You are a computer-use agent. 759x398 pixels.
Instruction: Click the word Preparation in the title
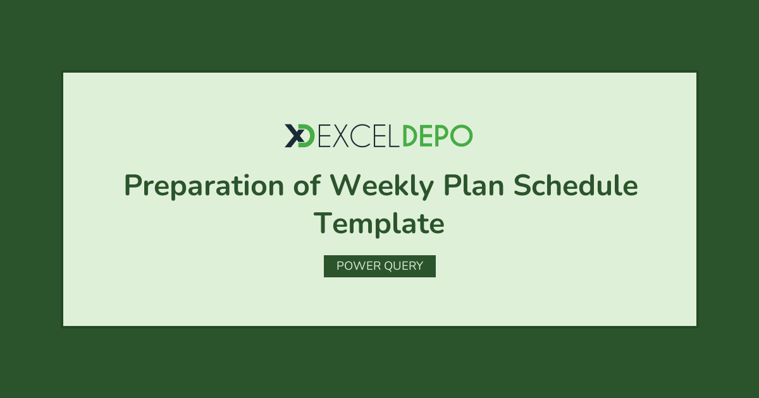point(204,186)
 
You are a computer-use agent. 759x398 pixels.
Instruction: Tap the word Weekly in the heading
point(382,186)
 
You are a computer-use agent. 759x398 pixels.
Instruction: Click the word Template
point(379,224)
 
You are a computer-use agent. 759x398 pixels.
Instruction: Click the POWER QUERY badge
point(379,266)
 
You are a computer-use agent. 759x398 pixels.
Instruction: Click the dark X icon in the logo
point(294,136)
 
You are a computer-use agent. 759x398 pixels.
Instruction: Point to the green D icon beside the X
point(307,136)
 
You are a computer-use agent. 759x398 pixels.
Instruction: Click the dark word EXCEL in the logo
point(359,136)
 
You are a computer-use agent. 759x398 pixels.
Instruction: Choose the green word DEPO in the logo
point(438,136)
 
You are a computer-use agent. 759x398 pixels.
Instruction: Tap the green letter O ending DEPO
point(461,136)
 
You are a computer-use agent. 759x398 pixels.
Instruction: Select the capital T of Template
point(323,223)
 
